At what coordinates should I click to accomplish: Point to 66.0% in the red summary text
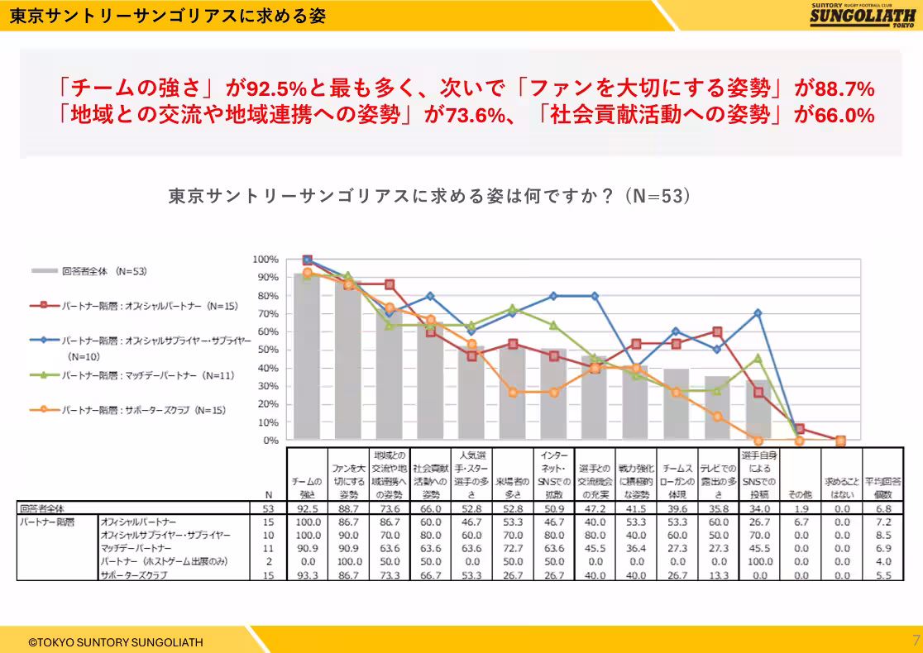coord(844,115)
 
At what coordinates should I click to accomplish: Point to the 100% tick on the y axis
coord(265,260)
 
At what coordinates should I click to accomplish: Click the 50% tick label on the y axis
coord(268,350)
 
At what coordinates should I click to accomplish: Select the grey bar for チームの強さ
coord(307,355)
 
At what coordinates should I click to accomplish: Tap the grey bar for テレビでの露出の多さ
coord(717,408)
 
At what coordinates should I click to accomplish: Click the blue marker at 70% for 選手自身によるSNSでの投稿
coord(758,313)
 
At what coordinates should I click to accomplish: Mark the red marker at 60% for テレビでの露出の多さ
coord(717,331)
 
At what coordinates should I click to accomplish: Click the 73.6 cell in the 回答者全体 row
coord(389,509)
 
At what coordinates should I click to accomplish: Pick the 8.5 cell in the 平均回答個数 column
coord(882,535)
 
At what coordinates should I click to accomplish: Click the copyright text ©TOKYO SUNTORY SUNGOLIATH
coord(115,641)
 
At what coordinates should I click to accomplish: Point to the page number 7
coord(915,641)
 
